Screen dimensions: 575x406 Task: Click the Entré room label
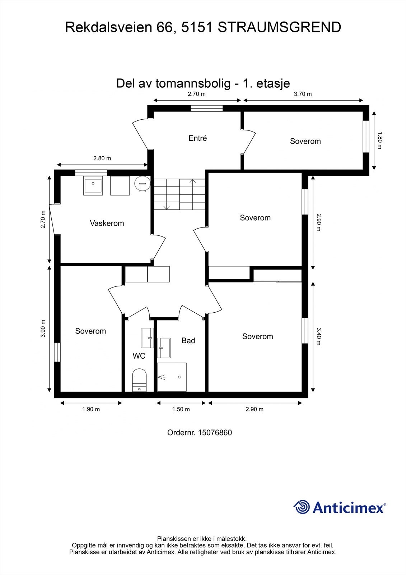197,138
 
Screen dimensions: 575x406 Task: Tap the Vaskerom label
107,223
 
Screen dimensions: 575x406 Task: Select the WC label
139,356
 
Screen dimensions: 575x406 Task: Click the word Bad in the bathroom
188,340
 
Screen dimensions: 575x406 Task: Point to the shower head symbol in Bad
163,377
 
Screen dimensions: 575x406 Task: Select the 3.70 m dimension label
303,94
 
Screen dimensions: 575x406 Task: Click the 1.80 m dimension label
380,141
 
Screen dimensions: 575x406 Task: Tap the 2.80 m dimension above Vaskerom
102,158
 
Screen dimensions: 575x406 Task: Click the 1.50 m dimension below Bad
181,409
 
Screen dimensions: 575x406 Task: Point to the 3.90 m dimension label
43,328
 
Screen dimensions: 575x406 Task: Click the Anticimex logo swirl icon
302,507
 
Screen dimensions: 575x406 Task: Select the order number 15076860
215,432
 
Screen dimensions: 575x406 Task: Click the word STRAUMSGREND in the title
279,27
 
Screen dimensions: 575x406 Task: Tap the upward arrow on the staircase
193,181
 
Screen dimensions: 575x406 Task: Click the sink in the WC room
147,337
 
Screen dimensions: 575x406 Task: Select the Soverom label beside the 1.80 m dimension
305,141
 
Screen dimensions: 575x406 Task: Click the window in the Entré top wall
206,108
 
